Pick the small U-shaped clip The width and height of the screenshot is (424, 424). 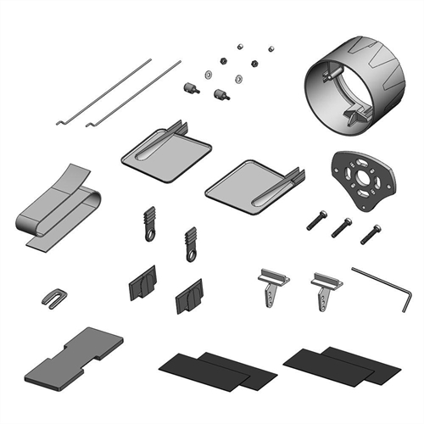(53, 297)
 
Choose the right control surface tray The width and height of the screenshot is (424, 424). (252, 182)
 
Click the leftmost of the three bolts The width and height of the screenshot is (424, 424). (315, 219)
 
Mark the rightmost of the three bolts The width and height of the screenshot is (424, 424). (371, 233)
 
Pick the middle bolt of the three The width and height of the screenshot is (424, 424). (342, 226)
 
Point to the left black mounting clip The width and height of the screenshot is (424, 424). (142, 282)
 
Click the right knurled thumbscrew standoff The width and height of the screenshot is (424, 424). (222, 93)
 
